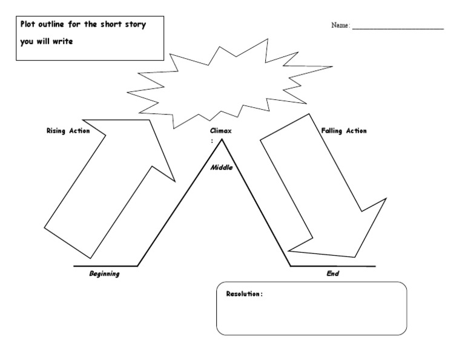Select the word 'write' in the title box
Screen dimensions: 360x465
[x=62, y=42]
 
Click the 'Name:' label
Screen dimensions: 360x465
[x=340, y=25]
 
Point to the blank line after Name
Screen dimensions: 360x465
[x=397, y=28]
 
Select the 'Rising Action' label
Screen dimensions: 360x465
[x=68, y=131]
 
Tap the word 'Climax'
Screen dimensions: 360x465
[x=220, y=131]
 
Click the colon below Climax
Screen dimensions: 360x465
[x=212, y=141]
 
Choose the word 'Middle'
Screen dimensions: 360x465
[x=222, y=167]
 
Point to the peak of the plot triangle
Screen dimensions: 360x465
[x=222, y=139]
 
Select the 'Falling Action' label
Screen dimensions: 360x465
[x=345, y=131]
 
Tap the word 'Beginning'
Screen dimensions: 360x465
[x=104, y=274]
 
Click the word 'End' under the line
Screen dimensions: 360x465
[x=332, y=274]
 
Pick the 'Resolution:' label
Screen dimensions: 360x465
[x=244, y=294]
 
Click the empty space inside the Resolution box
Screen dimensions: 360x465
[x=311, y=315]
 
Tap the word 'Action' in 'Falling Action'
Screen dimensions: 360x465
[x=356, y=131]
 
